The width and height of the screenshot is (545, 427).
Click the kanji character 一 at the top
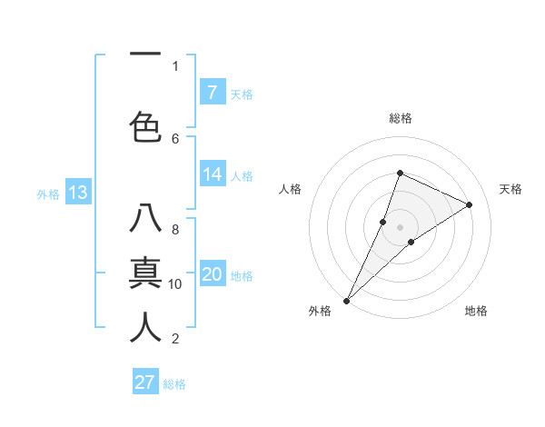(x=145, y=55)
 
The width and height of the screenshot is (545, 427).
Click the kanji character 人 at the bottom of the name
(x=145, y=326)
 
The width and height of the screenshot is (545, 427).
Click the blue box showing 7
(x=212, y=92)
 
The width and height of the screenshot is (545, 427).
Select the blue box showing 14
(x=212, y=174)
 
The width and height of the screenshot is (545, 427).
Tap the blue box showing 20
(x=212, y=274)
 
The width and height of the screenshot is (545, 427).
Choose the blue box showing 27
(x=145, y=382)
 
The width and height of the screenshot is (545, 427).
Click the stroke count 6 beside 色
(x=175, y=138)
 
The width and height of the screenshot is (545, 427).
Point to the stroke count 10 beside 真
(x=175, y=283)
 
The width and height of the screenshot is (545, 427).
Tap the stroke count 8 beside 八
(x=175, y=229)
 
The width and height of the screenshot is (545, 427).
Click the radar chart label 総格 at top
(x=401, y=118)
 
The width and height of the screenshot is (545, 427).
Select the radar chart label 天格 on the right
(x=510, y=189)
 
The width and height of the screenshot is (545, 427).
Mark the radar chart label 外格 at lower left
(x=320, y=311)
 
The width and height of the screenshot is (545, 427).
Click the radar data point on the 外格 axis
(x=346, y=300)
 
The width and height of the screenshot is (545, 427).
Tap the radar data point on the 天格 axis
(x=469, y=204)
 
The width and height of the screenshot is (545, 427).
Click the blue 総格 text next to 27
(x=174, y=384)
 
